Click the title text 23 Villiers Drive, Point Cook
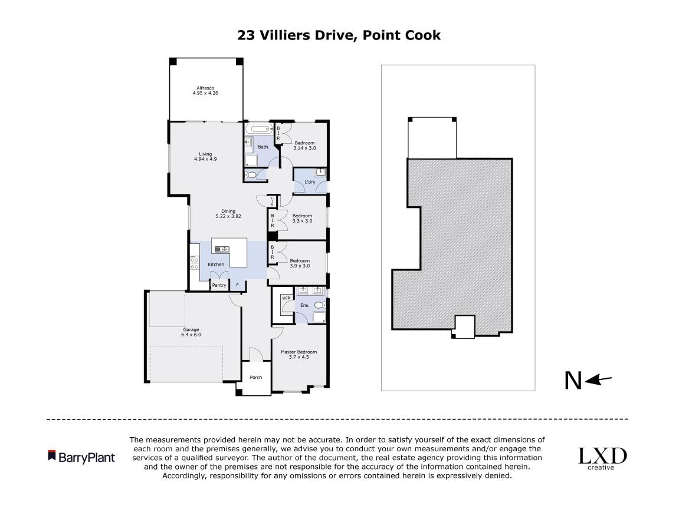pos(339,35)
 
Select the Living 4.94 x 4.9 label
pos(205,156)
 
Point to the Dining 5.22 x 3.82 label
pos(228,213)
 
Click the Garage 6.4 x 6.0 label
pos(191,332)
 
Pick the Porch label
pos(256,377)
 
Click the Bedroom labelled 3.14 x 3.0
pos(304,146)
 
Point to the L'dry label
pos(310,183)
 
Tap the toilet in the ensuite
pos(320,305)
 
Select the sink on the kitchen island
pos(221,249)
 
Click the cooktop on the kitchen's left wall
pos(194,263)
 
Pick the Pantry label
pos(219,285)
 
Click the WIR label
pos(286,298)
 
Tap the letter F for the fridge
pos(237,285)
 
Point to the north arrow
pos(590,380)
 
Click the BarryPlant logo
pos(81,457)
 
